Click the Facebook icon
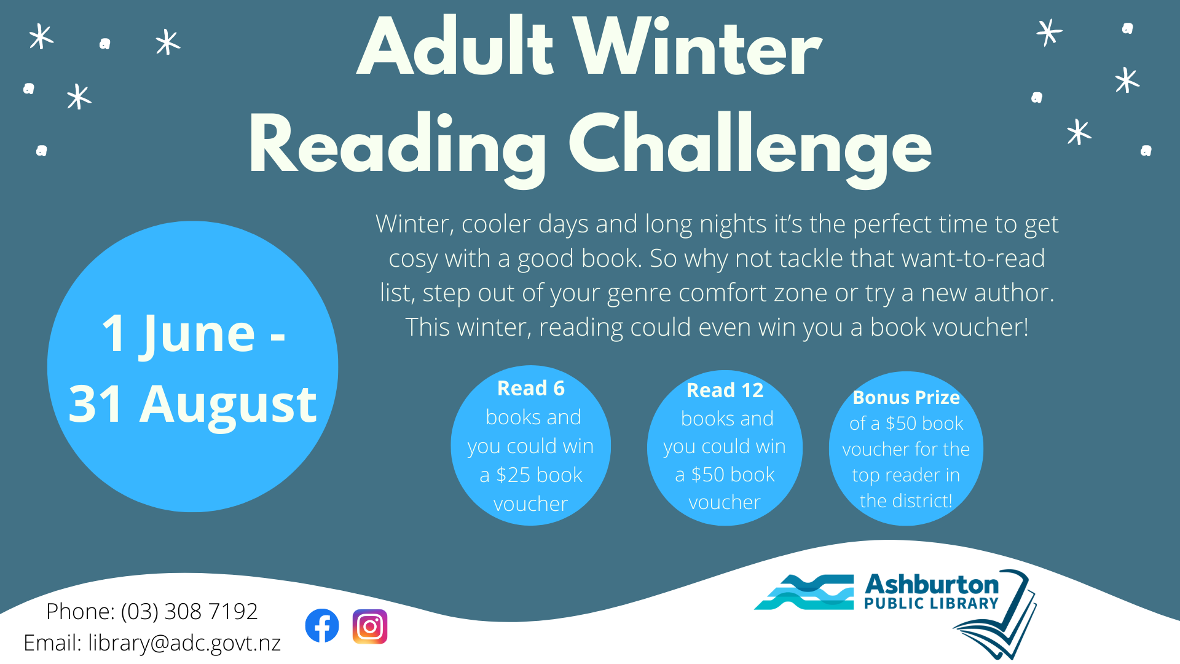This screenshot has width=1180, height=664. click(322, 626)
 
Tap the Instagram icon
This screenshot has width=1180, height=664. click(370, 626)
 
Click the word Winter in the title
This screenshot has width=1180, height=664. click(697, 49)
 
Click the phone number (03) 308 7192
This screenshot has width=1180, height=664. click(189, 611)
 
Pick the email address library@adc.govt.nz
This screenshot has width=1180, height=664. click(184, 643)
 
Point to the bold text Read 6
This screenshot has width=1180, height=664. click(531, 389)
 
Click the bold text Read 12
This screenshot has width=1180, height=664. click(725, 390)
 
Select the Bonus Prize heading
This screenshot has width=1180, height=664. click(907, 398)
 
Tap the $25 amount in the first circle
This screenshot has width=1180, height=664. click(513, 475)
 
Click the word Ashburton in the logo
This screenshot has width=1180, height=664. click(932, 584)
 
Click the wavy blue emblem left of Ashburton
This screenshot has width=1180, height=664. click(804, 592)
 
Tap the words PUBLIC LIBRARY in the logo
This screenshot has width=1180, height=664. click(931, 604)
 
